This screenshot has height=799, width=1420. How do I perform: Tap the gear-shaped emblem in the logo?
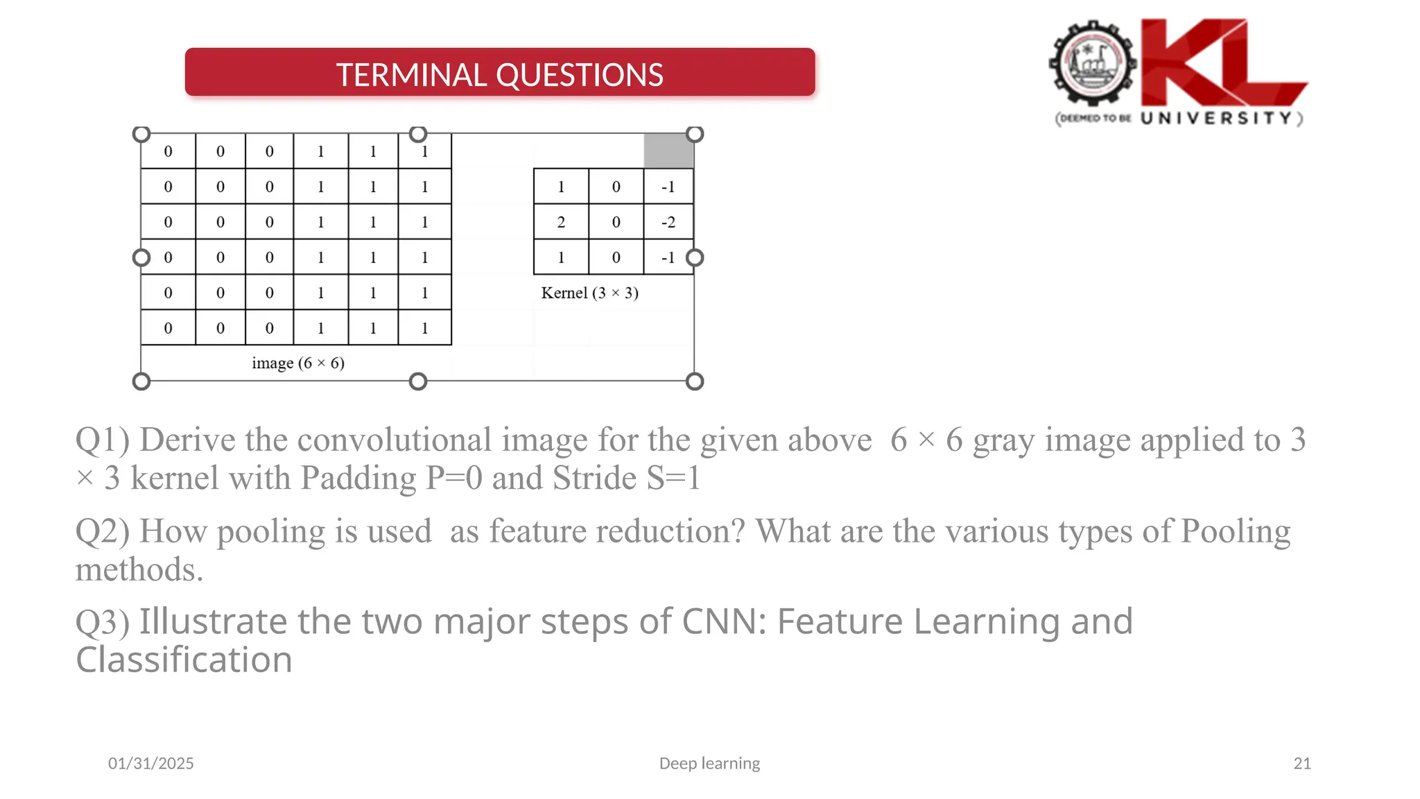1093,65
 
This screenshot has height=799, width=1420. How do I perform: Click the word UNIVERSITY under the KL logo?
1216,118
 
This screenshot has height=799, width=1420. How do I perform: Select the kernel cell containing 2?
561,222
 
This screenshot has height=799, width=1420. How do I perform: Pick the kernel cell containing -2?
668,222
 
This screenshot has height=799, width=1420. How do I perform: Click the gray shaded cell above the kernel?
668,151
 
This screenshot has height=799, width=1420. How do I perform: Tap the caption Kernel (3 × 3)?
589,293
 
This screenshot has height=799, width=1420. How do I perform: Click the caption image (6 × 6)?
298,363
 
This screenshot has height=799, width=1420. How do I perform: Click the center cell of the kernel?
616,222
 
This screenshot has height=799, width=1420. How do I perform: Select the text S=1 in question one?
673,478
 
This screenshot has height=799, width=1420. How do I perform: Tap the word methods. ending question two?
139,570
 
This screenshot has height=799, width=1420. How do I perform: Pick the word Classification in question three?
184,660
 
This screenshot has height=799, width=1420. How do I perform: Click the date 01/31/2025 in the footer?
151,763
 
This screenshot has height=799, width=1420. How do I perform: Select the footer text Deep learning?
709,763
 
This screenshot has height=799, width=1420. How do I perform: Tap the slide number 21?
1302,763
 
